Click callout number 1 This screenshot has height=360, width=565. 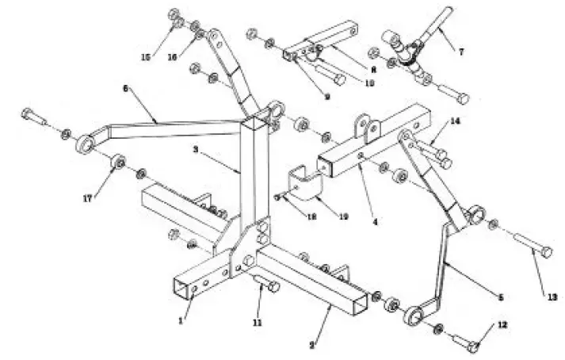click(x=181, y=320)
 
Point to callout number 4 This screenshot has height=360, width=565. click(x=375, y=223)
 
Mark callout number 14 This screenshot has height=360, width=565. click(x=455, y=121)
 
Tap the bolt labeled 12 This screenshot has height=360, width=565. click(x=467, y=342)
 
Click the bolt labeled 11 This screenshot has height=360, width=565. click(x=268, y=285)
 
